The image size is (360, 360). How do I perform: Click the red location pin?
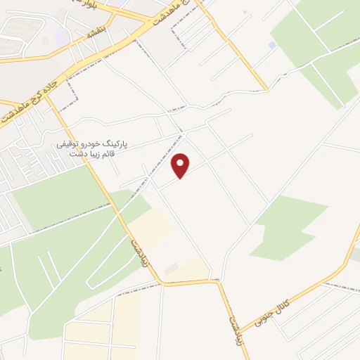click(181, 165)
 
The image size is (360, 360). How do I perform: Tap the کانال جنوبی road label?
click(289, 304)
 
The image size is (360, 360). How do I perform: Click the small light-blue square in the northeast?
click(272, 45)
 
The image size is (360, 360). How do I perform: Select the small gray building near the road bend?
click(171, 268)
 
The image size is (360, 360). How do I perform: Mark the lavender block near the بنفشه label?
click(62, 34)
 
